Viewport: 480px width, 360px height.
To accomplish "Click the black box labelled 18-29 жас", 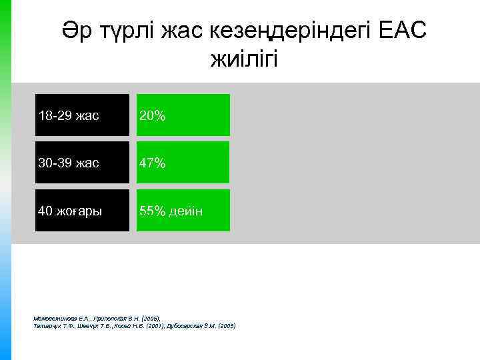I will click(x=82, y=115).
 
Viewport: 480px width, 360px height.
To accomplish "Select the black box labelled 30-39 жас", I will click(x=82, y=163).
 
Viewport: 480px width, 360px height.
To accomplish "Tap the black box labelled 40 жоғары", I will click(x=82, y=211).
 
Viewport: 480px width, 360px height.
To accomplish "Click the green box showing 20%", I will click(x=183, y=115).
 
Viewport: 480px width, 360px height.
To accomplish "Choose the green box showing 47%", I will click(x=183, y=163).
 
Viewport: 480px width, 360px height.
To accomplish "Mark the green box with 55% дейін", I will click(x=183, y=211).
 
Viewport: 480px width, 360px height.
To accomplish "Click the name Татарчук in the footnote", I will click(x=46, y=326).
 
